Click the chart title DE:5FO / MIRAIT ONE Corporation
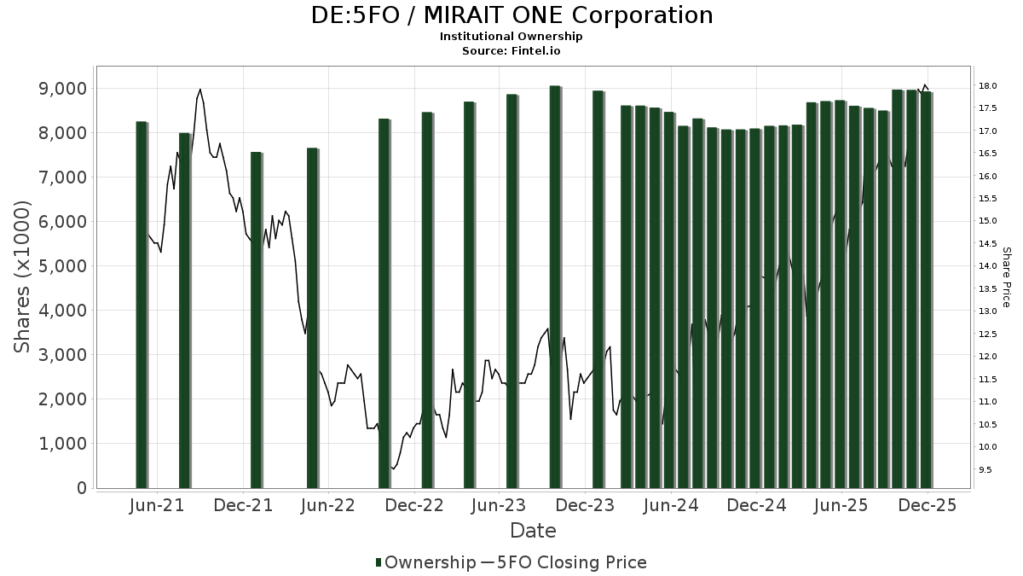[511, 15]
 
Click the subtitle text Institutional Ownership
[511, 37]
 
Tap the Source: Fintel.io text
[511, 51]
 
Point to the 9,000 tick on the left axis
[58, 89]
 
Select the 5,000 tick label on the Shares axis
[58, 266]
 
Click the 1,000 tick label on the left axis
[58, 444]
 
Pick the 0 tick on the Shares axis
[81, 488]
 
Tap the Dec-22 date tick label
[414, 505]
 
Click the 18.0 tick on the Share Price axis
[989, 86]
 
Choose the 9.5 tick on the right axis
[986, 469]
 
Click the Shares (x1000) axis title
[23, 277]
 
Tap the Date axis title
[533, 531]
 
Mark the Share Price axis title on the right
[1006, 277]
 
